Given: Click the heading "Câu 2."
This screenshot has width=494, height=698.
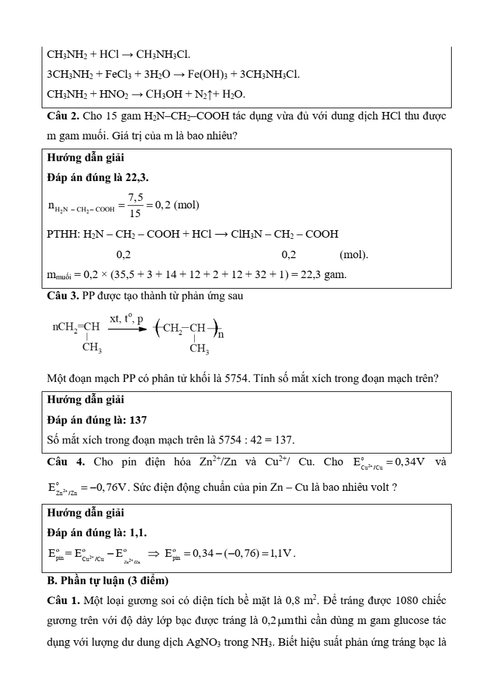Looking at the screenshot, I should point(63,116).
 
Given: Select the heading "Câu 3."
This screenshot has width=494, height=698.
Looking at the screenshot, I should point(63,296).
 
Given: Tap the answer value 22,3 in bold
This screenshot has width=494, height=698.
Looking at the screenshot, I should point(136,177).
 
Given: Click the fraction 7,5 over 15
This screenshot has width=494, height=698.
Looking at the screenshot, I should point(136,205).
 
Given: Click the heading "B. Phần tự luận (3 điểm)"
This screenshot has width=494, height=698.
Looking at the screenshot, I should point(107,581).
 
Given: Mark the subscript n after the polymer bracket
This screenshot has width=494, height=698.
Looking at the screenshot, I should point(221,334).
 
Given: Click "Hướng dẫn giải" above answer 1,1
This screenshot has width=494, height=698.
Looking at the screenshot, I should point(86,513).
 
